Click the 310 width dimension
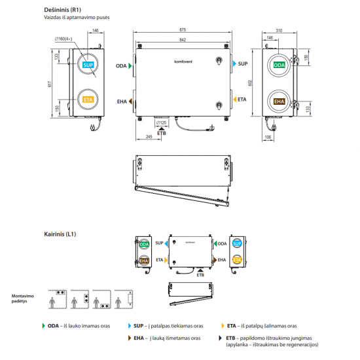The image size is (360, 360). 279,31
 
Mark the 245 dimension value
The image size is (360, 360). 149,136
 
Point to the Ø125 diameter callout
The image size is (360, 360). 162,122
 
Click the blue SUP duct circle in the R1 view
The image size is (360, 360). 88,66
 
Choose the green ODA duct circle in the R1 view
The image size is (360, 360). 279,66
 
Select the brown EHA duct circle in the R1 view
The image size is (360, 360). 279,101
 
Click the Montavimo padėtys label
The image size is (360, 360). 23,300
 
